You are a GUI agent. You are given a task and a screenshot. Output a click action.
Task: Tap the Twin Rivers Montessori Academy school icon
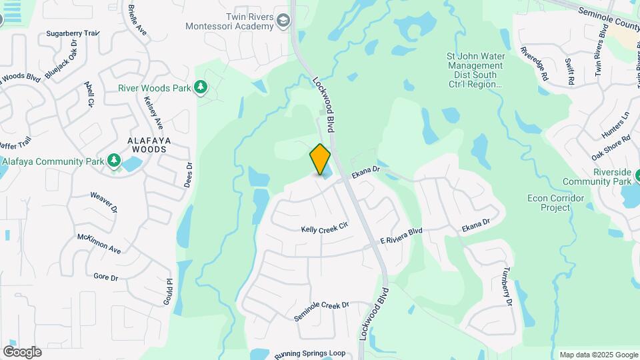point(284,21)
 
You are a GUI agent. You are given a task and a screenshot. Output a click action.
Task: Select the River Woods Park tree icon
point(200,87)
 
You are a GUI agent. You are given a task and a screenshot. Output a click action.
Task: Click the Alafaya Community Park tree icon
point(114,161)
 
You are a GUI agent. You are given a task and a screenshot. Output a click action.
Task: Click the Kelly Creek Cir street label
point(325,228)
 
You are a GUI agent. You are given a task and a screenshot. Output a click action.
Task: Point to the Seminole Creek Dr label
point(322,310)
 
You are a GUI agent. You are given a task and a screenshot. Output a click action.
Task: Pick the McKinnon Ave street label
point(99,244)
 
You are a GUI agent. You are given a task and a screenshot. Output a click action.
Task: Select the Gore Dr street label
point(105,276)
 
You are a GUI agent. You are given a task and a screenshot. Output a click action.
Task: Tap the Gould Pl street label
point(168,291)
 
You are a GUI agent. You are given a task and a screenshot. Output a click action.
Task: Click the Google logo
point(22,352)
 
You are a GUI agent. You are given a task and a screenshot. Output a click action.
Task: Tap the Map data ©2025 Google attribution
point(598,355)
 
